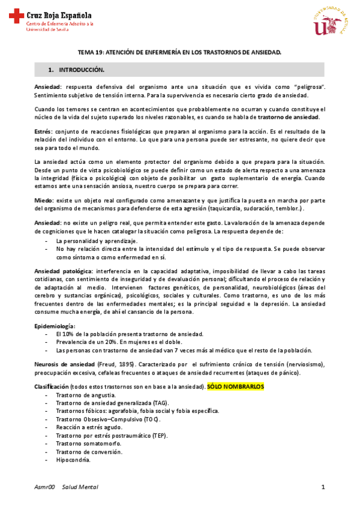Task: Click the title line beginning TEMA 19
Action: [181, 53]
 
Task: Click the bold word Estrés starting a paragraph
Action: [43, 131]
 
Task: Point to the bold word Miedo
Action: [43, 200]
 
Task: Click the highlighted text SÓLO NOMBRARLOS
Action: [235, 388]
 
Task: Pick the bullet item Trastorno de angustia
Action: [86, 396]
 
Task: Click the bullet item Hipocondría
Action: [73, 460]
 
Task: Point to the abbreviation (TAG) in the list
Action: [160, 403]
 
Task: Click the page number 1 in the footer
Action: [323, 487]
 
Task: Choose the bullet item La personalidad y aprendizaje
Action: [97, 240]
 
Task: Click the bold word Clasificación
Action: [52, 388]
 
